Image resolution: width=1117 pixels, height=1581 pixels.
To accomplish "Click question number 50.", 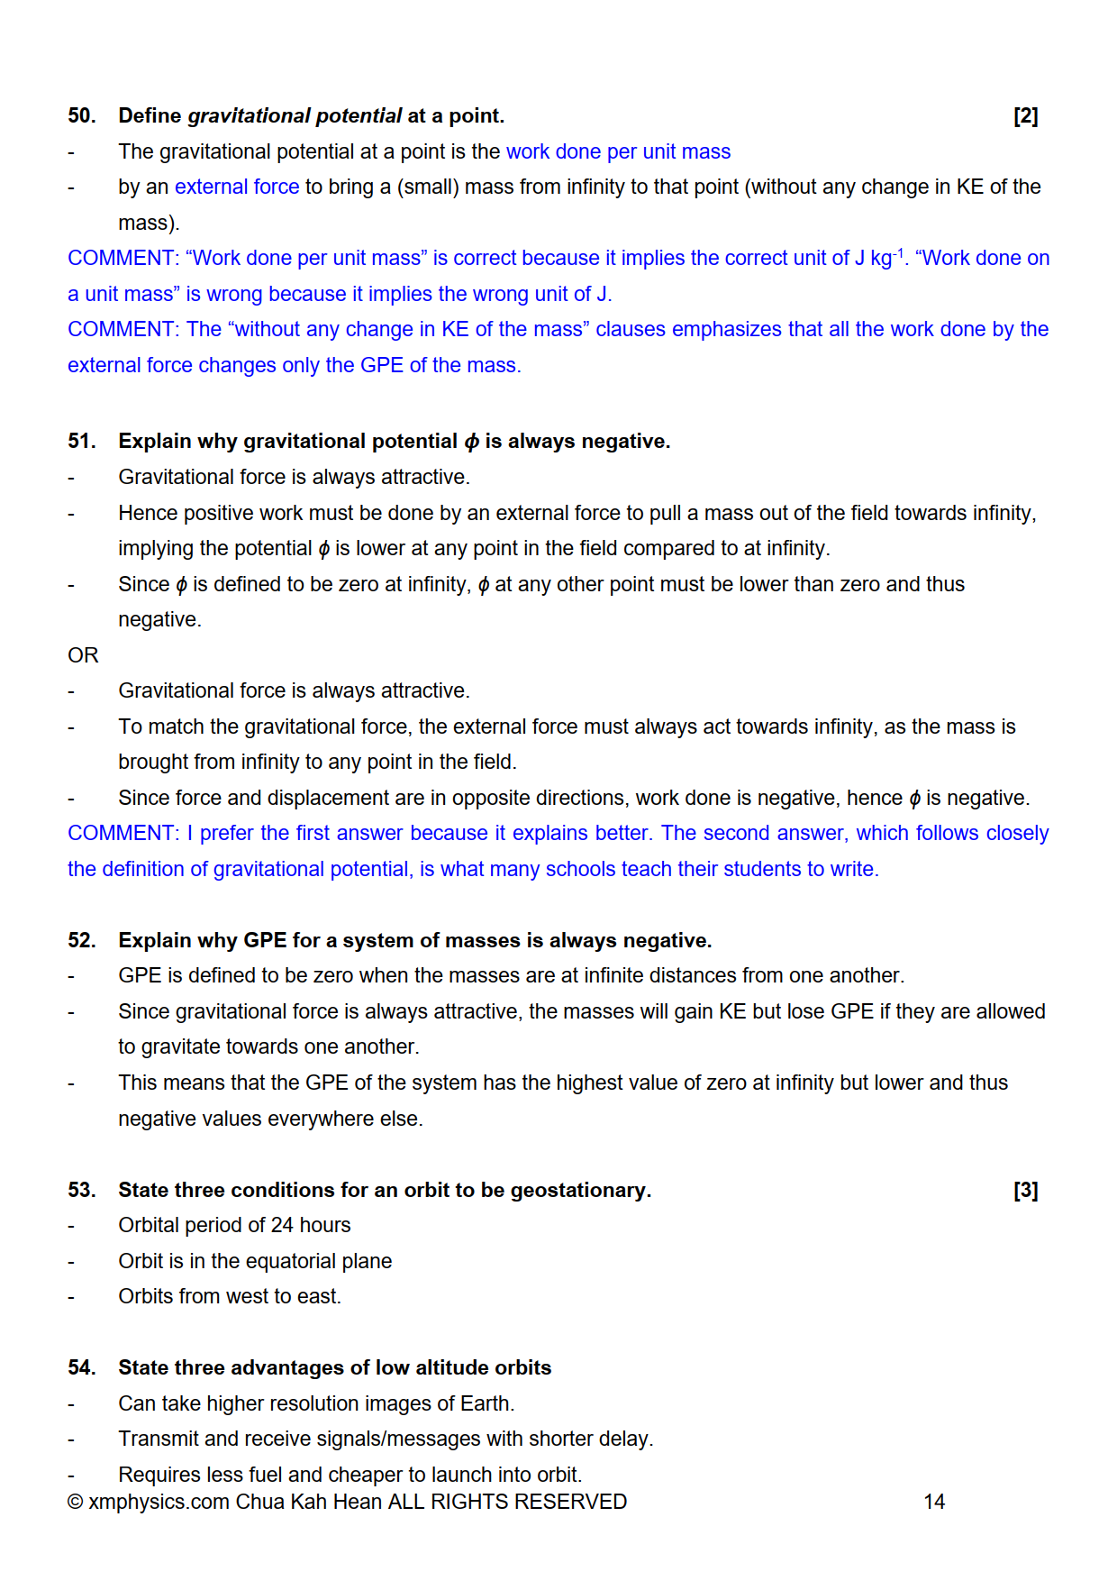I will point(81,116).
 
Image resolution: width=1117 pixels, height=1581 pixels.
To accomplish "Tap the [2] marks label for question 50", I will point(1025,116).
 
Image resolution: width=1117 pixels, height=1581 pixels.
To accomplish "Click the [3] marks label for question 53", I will point(1025,1191).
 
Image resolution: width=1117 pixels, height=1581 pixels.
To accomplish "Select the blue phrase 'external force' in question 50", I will point(237,187).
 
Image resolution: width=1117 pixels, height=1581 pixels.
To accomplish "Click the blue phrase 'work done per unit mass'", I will point(618,152).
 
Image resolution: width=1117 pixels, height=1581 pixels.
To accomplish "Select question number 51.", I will point(81,442).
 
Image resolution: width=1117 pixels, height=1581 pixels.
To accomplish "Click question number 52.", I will point(81,941).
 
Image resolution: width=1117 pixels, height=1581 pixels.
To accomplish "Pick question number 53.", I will point(81,1191).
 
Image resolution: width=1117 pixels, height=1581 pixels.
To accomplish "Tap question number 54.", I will point(81,1368).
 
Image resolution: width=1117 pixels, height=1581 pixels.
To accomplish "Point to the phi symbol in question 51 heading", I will point(472,442).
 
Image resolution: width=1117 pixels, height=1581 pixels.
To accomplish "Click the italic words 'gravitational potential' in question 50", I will point(295,116).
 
